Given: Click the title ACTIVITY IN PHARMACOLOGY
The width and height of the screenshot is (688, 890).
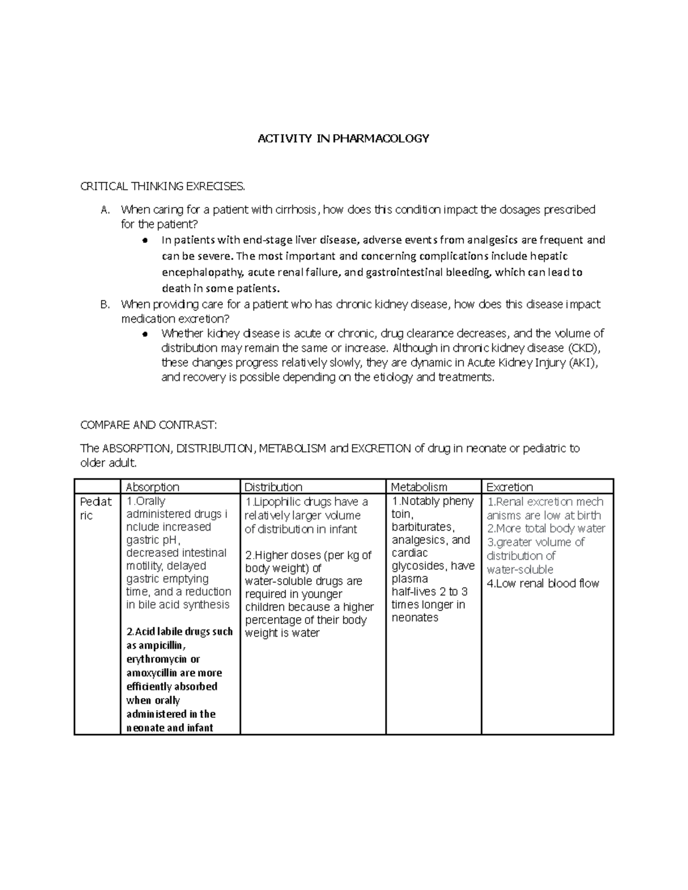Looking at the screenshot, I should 343,139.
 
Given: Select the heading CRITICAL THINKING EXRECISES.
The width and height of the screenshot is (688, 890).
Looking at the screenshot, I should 163,186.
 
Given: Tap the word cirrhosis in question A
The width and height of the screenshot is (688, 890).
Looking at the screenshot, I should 295,210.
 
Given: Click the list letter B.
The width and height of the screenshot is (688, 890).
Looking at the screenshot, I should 104,305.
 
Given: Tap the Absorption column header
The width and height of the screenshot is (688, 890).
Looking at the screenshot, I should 153,487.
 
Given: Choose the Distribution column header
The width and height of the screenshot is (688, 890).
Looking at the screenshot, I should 273,487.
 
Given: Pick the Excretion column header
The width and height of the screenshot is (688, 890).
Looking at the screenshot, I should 510,487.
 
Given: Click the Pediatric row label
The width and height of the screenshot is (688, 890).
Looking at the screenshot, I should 96,508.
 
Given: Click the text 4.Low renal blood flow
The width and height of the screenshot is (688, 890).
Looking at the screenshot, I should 543,583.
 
